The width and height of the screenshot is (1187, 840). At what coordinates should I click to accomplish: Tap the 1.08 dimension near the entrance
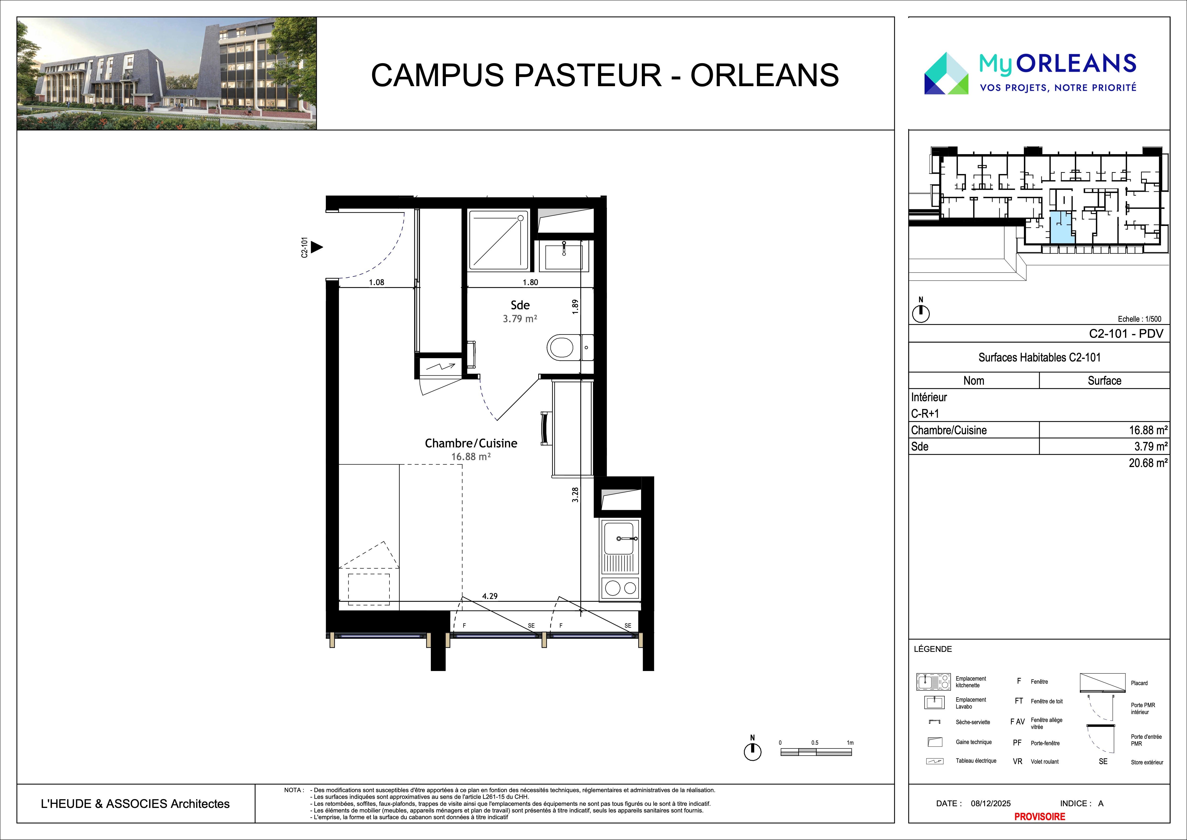376,282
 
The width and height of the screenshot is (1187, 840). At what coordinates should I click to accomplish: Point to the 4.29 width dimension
490,596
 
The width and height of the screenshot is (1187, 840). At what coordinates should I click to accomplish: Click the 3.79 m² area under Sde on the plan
520,319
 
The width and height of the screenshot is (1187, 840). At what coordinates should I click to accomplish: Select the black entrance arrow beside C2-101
316,247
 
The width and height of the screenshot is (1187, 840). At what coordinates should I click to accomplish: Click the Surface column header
1104,381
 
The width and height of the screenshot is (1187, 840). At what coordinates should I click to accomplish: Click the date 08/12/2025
991,803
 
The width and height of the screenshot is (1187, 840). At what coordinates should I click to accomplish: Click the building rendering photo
166,73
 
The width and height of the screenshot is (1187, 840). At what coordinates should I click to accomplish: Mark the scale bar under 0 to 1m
816,753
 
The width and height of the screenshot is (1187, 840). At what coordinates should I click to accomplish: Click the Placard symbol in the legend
1102,683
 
